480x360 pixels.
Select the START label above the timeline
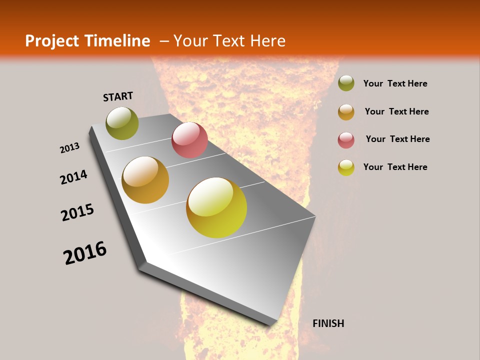point(118,96)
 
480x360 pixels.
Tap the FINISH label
point(328,323)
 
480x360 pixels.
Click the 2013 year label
point(69,148)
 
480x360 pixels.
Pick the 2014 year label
point(73,177)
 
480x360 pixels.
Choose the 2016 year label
point(85,252)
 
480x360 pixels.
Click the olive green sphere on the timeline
point(122,123)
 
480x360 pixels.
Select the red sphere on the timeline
point(189,140)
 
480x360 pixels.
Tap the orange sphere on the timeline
point(145,180)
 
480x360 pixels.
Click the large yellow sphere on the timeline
point(216,207)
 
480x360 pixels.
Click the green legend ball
point(346,83)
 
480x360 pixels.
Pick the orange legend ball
point(346,112)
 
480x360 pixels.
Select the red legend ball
point(346,140)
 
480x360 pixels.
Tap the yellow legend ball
point(346,167)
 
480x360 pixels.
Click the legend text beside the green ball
point(395,83)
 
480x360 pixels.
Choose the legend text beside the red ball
point(397,139)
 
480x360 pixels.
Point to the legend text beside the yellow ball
point(395,167)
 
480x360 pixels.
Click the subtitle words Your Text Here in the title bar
point(229,41)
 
